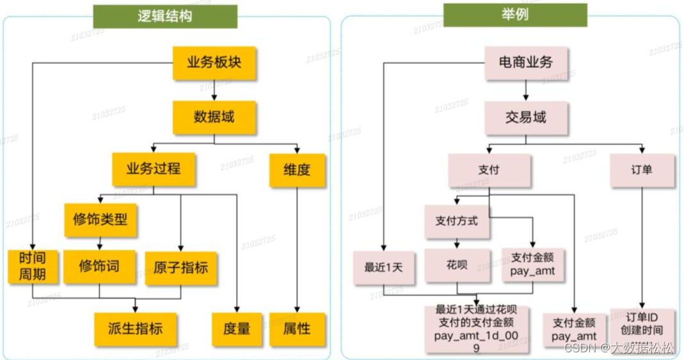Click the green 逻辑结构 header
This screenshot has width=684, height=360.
pyautogui.click(x=164, y=16)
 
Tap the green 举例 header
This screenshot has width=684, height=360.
pyautogui.click(x=514, y=15)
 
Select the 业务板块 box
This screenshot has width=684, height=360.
pyautogui.click(x=214, y=62)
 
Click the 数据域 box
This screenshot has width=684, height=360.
pyautogui.click(x=214, y=116)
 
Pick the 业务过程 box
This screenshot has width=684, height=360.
pyautogui.click(x=154, y=169)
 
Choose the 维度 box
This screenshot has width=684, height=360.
pyautogui.click(x=297, y=169)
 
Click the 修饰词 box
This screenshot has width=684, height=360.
pyautogui.click(x=99, y=267)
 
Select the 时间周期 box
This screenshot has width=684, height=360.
pyautogui.click(x=33, y=267)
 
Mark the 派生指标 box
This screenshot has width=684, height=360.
pyautogui.click(x=135, y=329)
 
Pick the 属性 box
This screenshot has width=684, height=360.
pyautogui.click(x=296, y=329)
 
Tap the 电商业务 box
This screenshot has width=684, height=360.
pyautogui.click(x=525, y=62)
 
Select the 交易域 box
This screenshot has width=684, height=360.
pyautogui.click(x=525, y=117)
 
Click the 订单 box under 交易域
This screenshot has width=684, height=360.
pyautogui.click(x=642, y=169)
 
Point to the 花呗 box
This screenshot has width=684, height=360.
pyautogui.click(x=457, y=265)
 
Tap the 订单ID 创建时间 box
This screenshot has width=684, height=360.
pyautogui.click(x=641, y=325)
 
